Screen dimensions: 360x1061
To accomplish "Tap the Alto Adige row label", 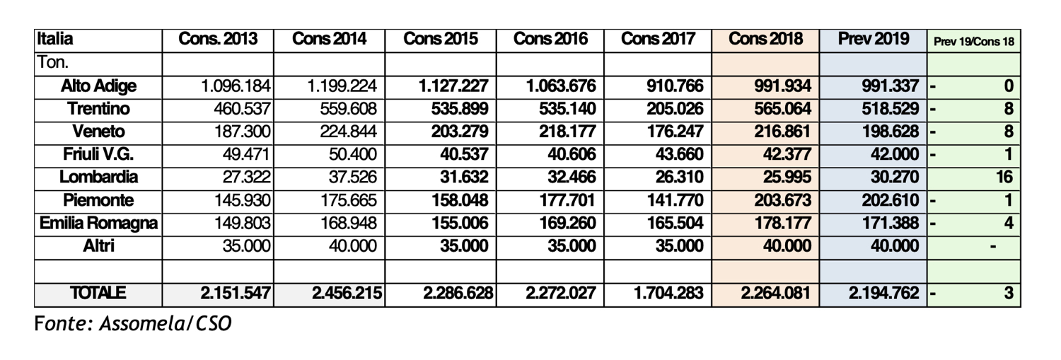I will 99,86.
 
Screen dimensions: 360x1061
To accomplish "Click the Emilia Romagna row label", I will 98,223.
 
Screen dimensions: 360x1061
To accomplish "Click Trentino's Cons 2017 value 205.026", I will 673,110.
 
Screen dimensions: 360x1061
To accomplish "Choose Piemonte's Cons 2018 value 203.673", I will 778,201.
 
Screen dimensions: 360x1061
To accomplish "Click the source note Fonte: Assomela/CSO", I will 133,325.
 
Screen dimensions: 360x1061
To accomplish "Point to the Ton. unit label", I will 52,62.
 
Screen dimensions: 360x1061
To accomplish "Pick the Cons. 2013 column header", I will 218,40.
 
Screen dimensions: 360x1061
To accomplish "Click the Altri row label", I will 99,246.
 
